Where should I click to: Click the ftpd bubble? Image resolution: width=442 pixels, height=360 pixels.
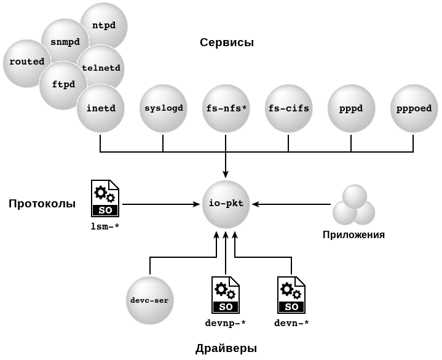[62, 85]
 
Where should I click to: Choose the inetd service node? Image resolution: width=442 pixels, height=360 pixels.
[100, 109]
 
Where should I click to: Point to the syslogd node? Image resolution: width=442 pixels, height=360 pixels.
[163, 109]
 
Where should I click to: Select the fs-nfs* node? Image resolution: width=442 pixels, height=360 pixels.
[226, 109]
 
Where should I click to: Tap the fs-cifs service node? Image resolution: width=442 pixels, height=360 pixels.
[288, 109]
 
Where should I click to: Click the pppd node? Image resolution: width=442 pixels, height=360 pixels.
[351, 109]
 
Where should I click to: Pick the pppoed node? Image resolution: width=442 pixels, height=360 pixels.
[414, 109]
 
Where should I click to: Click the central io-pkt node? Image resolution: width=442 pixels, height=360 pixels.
[226, 204]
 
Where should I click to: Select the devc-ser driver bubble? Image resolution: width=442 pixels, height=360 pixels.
[149, 300]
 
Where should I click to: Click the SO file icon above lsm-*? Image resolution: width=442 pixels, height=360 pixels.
[105, 198]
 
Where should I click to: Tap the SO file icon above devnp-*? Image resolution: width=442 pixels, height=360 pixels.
[226, 295]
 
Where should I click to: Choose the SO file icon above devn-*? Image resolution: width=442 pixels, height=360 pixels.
[291, 295]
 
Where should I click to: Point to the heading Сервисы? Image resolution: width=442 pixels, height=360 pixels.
[227, 42]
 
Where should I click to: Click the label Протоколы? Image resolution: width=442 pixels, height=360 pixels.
[42, 204]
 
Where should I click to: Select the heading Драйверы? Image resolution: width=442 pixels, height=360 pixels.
[226, 348]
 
